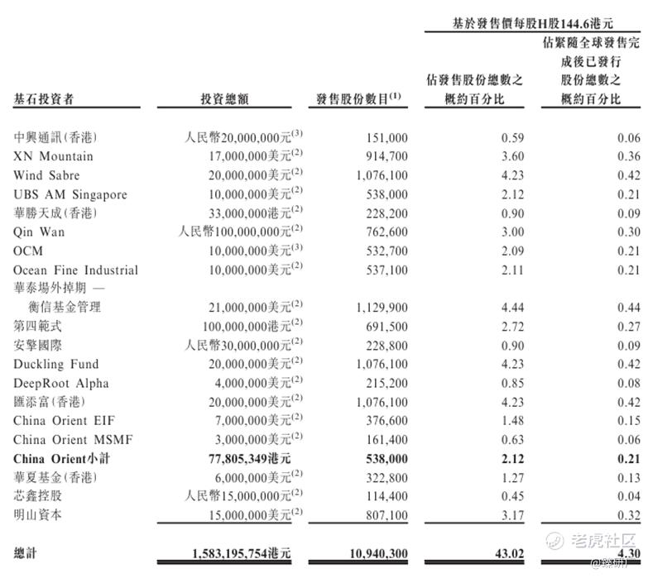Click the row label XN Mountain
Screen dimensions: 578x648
[x=53, y=156]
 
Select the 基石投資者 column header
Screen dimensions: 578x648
[x=44, y=99]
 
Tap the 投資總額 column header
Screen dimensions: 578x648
[x=223, y=99]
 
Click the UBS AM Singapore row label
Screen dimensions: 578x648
[x=70, y=194]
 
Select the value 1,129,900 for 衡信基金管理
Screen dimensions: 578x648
[x=382, y=308]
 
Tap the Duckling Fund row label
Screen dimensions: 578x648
[x=55, y=365]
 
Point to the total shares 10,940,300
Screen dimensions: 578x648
[x=377, y=552]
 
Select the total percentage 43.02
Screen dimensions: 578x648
[x=508, y=552]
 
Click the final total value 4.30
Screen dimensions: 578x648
[x=628, y=552]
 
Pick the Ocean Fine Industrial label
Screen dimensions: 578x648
[x=75, y=270]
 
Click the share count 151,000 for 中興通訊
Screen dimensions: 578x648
[x=386, y=137]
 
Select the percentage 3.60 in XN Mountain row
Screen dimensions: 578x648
[x=512, y=156]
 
